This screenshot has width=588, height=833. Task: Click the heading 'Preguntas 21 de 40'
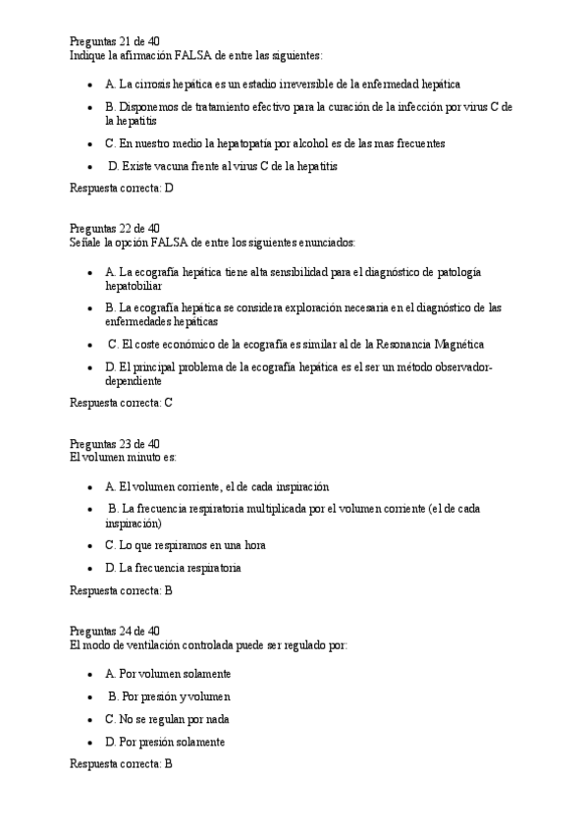[x=114, y=41]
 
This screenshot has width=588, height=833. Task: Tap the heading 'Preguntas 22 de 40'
[x=114, y=228]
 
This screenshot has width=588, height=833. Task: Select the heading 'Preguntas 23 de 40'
[x=114, y=443]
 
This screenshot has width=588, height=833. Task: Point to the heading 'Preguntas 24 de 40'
[x=114, y=631]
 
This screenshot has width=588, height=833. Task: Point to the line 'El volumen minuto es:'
[x=123, y=457]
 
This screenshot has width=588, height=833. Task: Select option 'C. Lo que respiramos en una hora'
[x=185, y=544]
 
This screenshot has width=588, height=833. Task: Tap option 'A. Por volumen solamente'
[x=168, y=674]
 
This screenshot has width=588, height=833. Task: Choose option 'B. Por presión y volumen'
[x=169, y=696]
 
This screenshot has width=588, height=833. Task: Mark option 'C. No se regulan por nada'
[x=167, y=719]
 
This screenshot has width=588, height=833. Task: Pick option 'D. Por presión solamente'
[x=165, y=742]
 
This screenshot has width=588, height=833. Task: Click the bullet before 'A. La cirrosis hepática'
[x=89, y=86]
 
